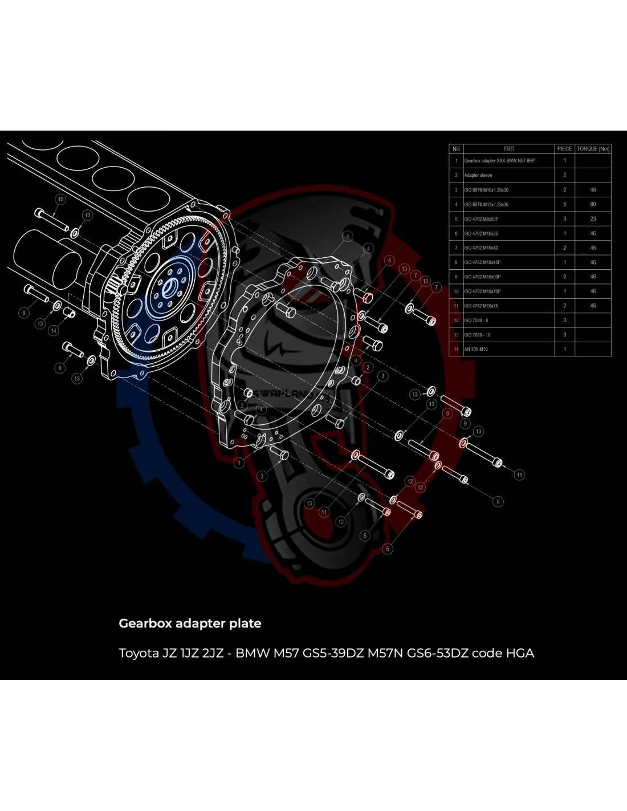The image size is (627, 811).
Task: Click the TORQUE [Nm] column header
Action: [593, 149]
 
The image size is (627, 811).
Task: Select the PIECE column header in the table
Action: [564, 149]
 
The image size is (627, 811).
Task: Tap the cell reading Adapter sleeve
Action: [478, 175]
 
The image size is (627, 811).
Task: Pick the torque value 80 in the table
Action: [593, 204]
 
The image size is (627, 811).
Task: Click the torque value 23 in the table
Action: [593, 218]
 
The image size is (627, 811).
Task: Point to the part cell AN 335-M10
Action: [476, 349]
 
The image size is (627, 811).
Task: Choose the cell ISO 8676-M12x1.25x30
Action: [486, 204]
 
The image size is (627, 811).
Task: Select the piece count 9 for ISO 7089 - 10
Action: [564, 335]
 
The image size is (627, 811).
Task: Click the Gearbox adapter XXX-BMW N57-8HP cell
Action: [499, 161]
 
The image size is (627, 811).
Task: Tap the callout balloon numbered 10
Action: [60, 200]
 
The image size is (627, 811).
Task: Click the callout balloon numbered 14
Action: [54, 330]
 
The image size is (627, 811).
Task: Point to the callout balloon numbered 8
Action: [24, 313]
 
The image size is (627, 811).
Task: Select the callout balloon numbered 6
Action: [60, 368]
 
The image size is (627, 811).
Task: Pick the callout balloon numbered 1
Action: [239, 463]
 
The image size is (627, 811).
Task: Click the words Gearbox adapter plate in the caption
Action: [190, 623]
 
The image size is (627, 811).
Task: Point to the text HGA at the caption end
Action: [520, 653]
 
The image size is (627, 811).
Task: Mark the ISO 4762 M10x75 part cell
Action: [481, 306]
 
